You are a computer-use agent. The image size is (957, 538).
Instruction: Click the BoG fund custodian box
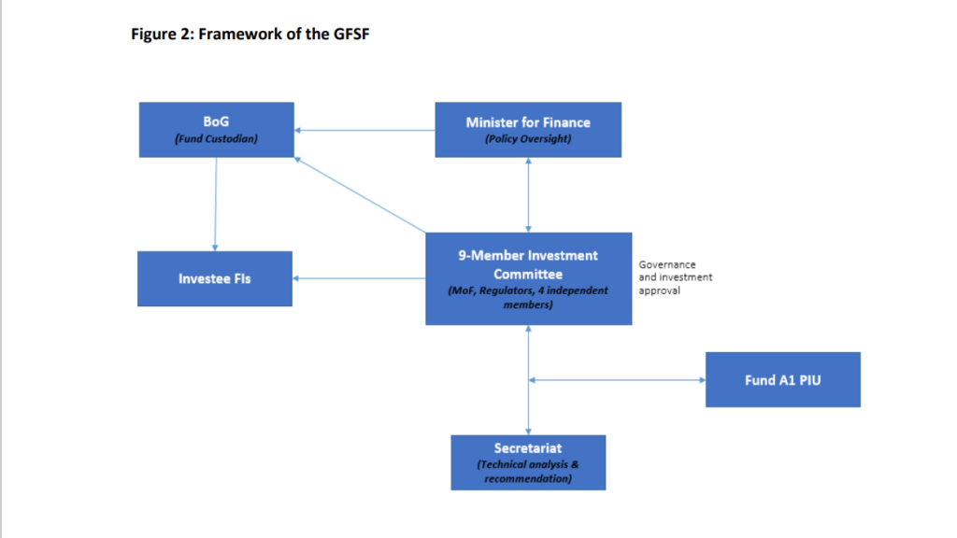click(216, 130)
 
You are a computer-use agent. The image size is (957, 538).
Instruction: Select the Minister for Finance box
click(528, 130)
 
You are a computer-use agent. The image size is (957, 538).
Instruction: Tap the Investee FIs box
click(214, 278)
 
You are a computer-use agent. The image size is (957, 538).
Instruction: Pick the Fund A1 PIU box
click(782, 379)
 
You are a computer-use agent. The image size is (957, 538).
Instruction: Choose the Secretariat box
click(528, 461)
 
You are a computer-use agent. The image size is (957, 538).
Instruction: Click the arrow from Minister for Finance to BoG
click(364, 130)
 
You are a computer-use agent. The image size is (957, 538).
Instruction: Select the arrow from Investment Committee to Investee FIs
click(359, 278)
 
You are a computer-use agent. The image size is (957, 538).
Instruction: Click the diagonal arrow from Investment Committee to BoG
click(360, 195)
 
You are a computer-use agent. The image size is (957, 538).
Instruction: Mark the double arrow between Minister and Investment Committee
click(529, 195)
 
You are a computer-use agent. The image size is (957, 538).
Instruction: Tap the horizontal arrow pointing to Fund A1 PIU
click(618, 379)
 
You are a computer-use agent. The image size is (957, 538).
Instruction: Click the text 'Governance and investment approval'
click(675, 277)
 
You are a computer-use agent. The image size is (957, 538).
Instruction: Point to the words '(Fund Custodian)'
click(216, 138)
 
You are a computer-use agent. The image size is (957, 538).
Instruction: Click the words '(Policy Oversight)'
click(528, 138)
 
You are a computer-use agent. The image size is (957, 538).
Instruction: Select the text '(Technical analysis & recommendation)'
click(528, 472)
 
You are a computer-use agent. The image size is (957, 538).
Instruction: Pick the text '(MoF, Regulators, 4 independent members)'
click(528, 297)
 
